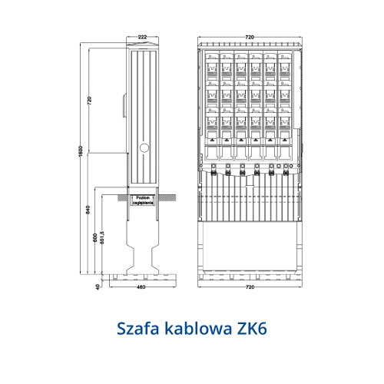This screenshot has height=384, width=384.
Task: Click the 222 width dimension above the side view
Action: click(143, 36)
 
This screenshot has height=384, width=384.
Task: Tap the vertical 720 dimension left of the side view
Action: click(89, 101)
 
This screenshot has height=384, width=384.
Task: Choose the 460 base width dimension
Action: click(142, 287)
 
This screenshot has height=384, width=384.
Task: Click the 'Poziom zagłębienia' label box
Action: click(143, 200)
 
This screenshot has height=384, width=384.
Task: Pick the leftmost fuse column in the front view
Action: click(211, 100)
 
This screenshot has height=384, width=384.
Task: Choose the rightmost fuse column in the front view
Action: click(283, 100)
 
